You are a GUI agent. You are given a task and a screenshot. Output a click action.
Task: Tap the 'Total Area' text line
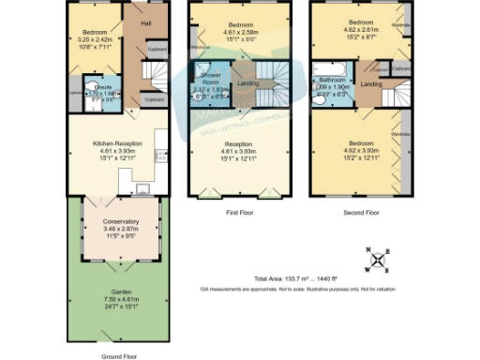[310, 279]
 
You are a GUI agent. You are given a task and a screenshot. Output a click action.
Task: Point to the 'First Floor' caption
[242, 213]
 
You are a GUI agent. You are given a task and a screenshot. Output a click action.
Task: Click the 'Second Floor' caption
[361, 213]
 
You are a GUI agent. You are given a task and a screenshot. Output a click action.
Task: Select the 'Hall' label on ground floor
[145, 23]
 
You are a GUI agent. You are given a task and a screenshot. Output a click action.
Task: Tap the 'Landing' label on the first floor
[248, 84]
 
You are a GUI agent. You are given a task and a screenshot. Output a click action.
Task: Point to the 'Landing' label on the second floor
[371, 84]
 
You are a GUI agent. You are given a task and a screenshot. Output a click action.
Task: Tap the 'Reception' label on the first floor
[243, 144]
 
